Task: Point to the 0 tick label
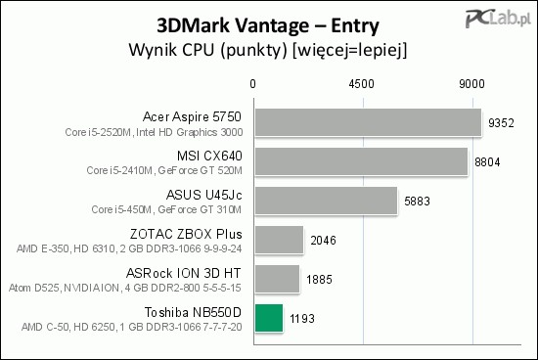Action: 253,84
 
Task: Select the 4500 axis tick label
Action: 363,84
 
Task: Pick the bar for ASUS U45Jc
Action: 326,201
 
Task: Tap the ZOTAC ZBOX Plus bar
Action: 279,240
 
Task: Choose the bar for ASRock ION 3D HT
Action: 277,279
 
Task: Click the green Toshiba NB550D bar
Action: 268,318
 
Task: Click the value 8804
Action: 487,161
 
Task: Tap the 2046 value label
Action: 323,240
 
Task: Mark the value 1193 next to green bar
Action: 302,318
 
